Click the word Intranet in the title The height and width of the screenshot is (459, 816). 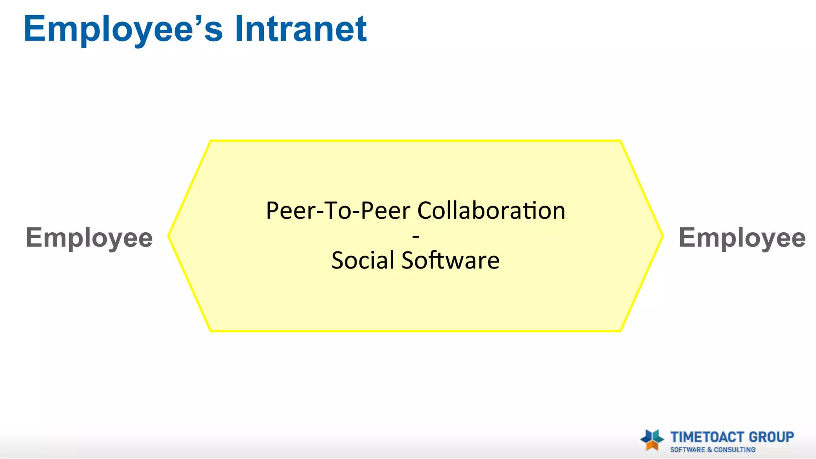click(300, 29)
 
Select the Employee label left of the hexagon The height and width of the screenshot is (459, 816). click(89, 238)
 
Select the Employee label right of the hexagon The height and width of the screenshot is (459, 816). click(742, 238)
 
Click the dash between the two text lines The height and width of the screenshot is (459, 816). click(416, 237)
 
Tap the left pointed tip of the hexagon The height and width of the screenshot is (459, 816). click(169, 236)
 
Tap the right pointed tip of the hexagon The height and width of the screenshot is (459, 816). click(663, 236)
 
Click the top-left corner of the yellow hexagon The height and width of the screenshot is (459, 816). click(210, 141)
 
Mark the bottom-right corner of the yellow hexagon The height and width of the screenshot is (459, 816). click(621, 331)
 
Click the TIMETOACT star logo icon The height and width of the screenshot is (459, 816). click(652, 440)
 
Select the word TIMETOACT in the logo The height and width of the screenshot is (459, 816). click(708, 437)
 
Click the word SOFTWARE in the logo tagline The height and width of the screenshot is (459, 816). click(688, 450)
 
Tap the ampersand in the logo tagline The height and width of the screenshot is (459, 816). click(710, 450)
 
